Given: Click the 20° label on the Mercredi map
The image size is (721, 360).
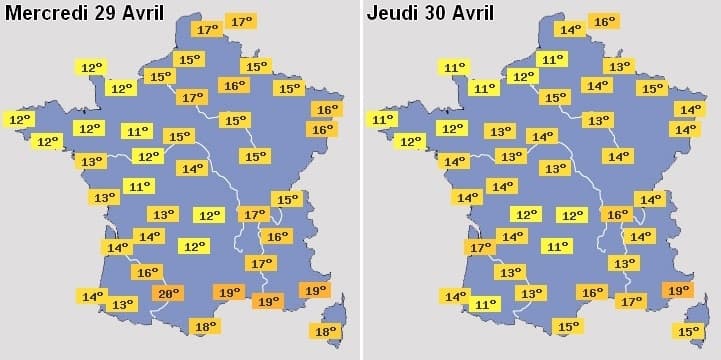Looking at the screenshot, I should (x=168, y=293).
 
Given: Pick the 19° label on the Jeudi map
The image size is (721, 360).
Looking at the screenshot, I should (x=679, y=290).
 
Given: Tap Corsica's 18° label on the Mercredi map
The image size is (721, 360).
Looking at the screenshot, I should (x=326, y=331).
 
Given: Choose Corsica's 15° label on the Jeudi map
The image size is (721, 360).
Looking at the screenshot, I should (x=688, y=331).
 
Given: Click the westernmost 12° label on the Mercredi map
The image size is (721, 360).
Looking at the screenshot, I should (x=19, y=119).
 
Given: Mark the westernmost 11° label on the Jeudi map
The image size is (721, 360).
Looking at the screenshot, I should (x=382, y=119).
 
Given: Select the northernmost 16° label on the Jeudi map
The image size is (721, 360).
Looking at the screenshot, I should (x=604, y=21).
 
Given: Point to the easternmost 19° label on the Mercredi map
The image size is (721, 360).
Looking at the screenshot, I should (x=314, y=290).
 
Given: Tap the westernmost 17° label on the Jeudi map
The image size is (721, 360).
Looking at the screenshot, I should (x=480, y=247).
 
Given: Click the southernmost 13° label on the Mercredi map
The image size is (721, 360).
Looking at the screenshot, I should (x=122, y=304).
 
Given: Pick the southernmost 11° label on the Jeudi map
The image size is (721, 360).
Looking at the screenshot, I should (x=485, y=304).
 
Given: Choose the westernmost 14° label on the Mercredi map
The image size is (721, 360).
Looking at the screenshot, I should (x=92, y=296).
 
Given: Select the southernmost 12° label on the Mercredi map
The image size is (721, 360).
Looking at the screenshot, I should (x=193, y=246).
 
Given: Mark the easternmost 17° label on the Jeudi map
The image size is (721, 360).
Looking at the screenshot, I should (x=631, y=300).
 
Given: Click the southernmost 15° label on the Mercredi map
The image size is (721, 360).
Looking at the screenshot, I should (x=287, y=199).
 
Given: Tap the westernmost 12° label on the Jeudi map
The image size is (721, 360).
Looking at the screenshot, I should (x=410, y=142).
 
